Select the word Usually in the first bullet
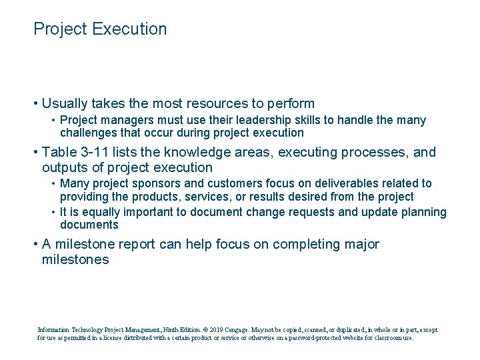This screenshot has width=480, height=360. click(65, 103)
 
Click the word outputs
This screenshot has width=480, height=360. click(65, 167)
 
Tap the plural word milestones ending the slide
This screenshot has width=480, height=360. click(75, 259)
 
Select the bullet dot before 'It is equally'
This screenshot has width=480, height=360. click(53, 212)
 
